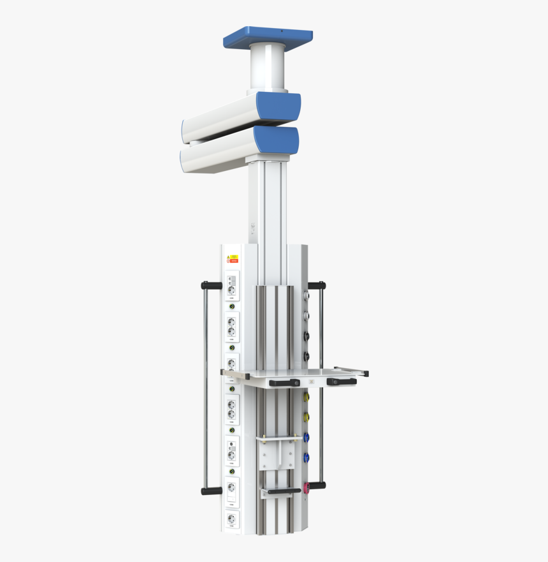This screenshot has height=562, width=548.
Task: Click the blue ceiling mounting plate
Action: pos(268,38)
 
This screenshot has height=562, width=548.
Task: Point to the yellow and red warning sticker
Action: pos(233,259)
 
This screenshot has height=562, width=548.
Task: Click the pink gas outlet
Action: pos(306,488)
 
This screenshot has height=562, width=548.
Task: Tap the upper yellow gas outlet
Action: pos(306,397)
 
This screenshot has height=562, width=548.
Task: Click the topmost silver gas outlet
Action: pos(306,295)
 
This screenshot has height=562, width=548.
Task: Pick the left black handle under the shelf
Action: pos(284,383)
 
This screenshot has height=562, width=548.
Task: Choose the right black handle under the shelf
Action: pos(341,381)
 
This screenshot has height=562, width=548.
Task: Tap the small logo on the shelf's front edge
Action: pos(312,381)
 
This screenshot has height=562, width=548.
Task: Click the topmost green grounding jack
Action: pos(232,307)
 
